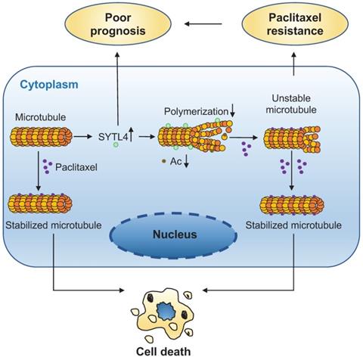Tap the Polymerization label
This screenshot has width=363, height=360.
click(x=195, y=112)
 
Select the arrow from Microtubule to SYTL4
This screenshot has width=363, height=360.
click(x=85, y=138)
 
